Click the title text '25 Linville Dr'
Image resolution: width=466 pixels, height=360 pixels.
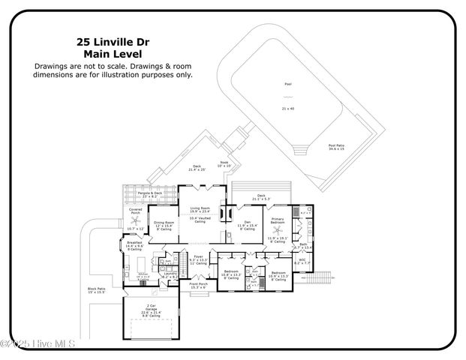[x=113, y=43]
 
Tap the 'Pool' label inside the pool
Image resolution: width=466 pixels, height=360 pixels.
[x=287, y=85]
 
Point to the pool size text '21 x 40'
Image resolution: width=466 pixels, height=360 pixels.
[x=287, y=109]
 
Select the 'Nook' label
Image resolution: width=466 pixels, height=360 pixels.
[x=224, y=162]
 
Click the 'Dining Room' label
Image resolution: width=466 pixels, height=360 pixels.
[x=164, y=222]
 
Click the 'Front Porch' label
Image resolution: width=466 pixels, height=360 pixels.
[x=198, y=284]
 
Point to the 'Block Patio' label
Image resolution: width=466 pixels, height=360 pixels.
[x=97, y=289]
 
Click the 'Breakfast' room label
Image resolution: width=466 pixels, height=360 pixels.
[x=134, y=243]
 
